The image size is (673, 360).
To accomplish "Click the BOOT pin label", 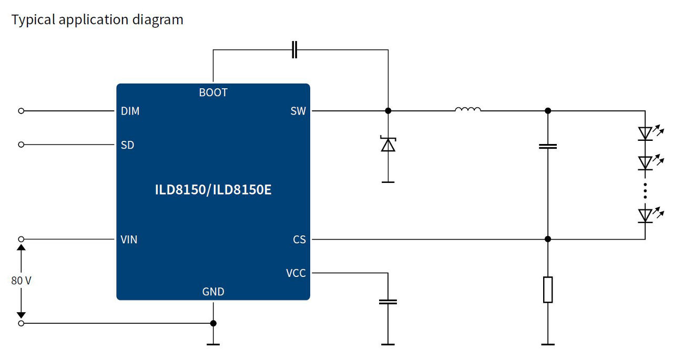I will pyautogui.click(x=213, y=92).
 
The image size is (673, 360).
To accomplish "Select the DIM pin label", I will pyautogui.click(x=130, y=111).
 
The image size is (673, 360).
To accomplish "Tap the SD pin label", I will pyautogui.click(x=127, y=145).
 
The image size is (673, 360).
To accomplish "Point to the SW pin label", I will pyautogui.click(x=298, y=111).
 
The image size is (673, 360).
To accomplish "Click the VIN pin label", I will pyautogui.click(x=129, y=240).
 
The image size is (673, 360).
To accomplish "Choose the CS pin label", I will pyautogui.click(x=299, y=240).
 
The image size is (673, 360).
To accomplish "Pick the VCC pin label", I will pyautogui.click(x=295, y=273).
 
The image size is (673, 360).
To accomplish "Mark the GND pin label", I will pyautogui.click(x=213, y=292).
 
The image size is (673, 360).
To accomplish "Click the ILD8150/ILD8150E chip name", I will pyautogui.click(x=213, y=190).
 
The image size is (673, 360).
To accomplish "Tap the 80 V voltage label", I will pyautogui.click(x=21, y=281).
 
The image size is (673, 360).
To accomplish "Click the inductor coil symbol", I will pyautogui.click(x=467, y=110).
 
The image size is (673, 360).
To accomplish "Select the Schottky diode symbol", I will pyautogui.click(x=388, y=145).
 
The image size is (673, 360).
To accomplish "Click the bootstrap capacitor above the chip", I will pyautogui.click(x=294, y=50).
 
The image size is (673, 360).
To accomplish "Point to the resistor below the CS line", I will pyautogui.click(x=548, y=290).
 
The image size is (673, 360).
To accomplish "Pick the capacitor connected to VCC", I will pyautogui.click(x=388, y=302).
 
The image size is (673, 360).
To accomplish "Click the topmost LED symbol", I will pyautogui.click(x=645, y=133).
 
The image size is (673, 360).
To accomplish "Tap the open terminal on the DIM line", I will pyautogui.click(x=21, y=111).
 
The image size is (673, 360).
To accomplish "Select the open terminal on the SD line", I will pyautogui.click(x=21, y=145).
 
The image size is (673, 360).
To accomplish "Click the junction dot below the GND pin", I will pyautogui.click(x=213, y=323).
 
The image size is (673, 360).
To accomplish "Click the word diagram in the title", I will pyautogui.click(x=157, y=20).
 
